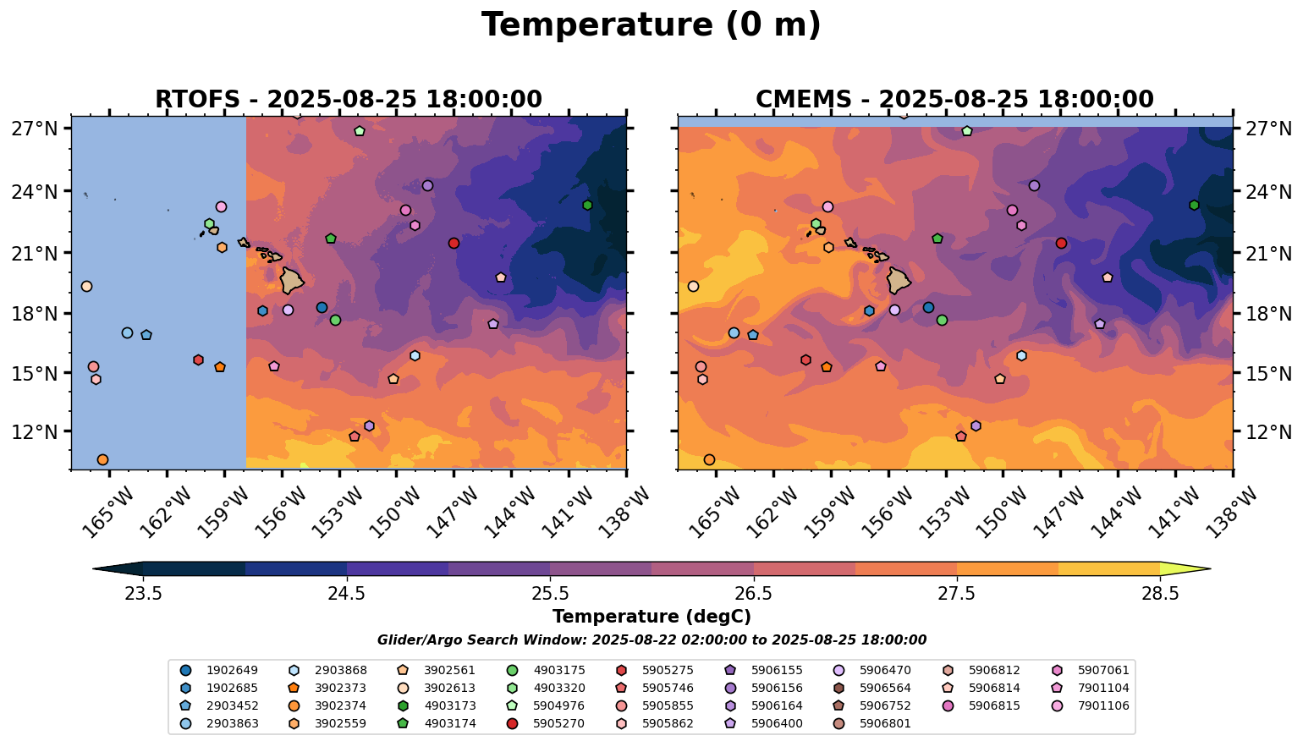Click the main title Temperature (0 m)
651,25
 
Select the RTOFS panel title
348,99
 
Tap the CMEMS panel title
954,99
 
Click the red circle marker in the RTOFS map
454,243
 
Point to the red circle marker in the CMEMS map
1061,243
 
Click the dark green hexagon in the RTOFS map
587,205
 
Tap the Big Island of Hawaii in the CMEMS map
898,279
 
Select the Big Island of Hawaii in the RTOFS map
292,279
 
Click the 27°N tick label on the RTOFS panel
35,129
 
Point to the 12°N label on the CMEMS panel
1269,432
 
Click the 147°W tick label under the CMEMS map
1052,511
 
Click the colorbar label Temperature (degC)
651,617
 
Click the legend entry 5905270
558,724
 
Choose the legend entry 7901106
1103,706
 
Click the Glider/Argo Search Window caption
651,640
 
